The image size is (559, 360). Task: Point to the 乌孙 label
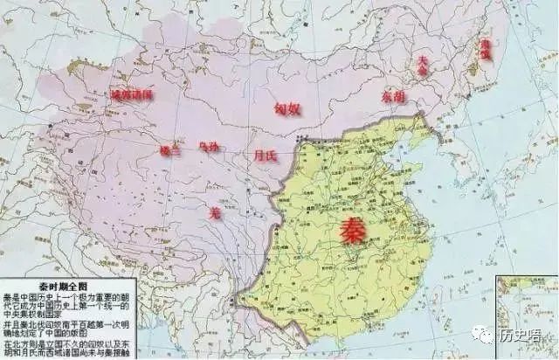pos(210,147)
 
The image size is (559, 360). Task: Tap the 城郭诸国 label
pos(131,93)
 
